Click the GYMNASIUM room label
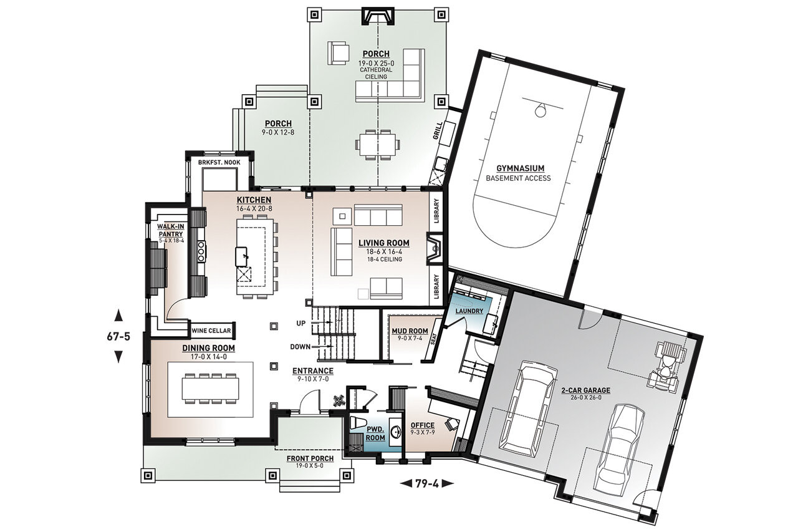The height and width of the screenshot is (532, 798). coord(520,168)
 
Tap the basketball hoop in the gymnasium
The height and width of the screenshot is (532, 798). coord(540,110)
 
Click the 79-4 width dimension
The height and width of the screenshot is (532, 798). coord(426,482)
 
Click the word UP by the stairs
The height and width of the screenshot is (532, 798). coord(300,323)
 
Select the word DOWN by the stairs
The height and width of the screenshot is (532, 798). coord(300,346)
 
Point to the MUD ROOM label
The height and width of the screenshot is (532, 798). coord(410,331)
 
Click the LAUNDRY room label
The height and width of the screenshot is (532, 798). coord(469,311)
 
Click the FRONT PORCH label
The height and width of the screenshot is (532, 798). coord(310,458)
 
